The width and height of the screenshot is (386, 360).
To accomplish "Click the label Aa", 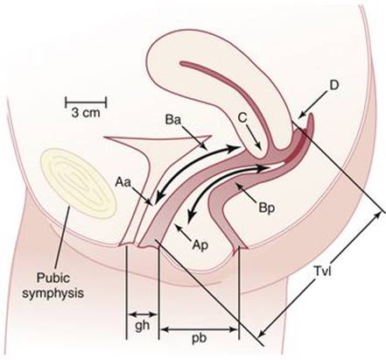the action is click(x=123, y=182).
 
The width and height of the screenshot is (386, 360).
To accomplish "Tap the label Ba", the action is click(x=173, y=120).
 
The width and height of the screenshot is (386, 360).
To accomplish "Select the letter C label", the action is click(x=242, y=118).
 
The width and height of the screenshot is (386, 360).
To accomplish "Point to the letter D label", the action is click(x=334, y=85).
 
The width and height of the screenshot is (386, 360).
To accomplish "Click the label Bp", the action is click(x=267, y=208).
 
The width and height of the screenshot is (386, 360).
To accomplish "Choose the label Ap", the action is click(x=200, y=245).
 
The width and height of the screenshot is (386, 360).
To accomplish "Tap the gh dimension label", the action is click(x=143, y=326).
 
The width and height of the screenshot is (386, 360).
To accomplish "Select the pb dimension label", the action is click(x=200, y=338).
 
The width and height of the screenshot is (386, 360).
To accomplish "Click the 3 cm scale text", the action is click(x=86, y=113).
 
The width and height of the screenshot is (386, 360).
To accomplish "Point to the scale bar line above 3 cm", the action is click(x=86, y=102).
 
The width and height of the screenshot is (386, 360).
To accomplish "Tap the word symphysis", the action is click(x=53, y=293).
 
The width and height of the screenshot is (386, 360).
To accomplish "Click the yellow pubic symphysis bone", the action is click(x=79, y=183).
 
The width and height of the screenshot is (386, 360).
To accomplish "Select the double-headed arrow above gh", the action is click(x=143, y=314).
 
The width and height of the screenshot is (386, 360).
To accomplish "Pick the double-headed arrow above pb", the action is click(x=199, y=329).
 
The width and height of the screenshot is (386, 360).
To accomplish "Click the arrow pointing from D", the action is click(x=312, y=105).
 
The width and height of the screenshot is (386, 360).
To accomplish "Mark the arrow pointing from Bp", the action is click(x=246, y=192).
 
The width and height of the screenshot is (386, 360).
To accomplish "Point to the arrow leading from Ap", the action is click(x=183, y=232).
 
